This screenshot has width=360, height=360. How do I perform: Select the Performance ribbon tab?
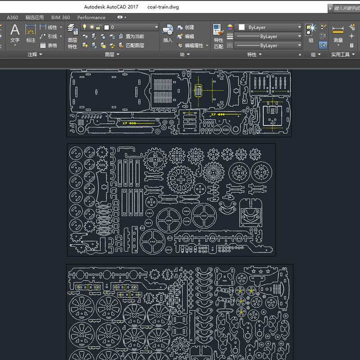coord(91,18)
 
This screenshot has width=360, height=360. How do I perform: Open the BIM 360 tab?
coord(60,18)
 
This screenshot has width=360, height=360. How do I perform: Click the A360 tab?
coord(13,18)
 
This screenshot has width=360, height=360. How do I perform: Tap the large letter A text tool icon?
coord(15,30)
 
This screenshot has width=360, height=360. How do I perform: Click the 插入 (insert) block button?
coord(168,33)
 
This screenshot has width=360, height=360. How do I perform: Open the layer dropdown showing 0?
coord(131,27)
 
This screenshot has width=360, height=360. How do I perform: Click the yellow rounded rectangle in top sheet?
coord(198,90)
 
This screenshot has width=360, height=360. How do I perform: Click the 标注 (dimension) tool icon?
coord(31,33)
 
